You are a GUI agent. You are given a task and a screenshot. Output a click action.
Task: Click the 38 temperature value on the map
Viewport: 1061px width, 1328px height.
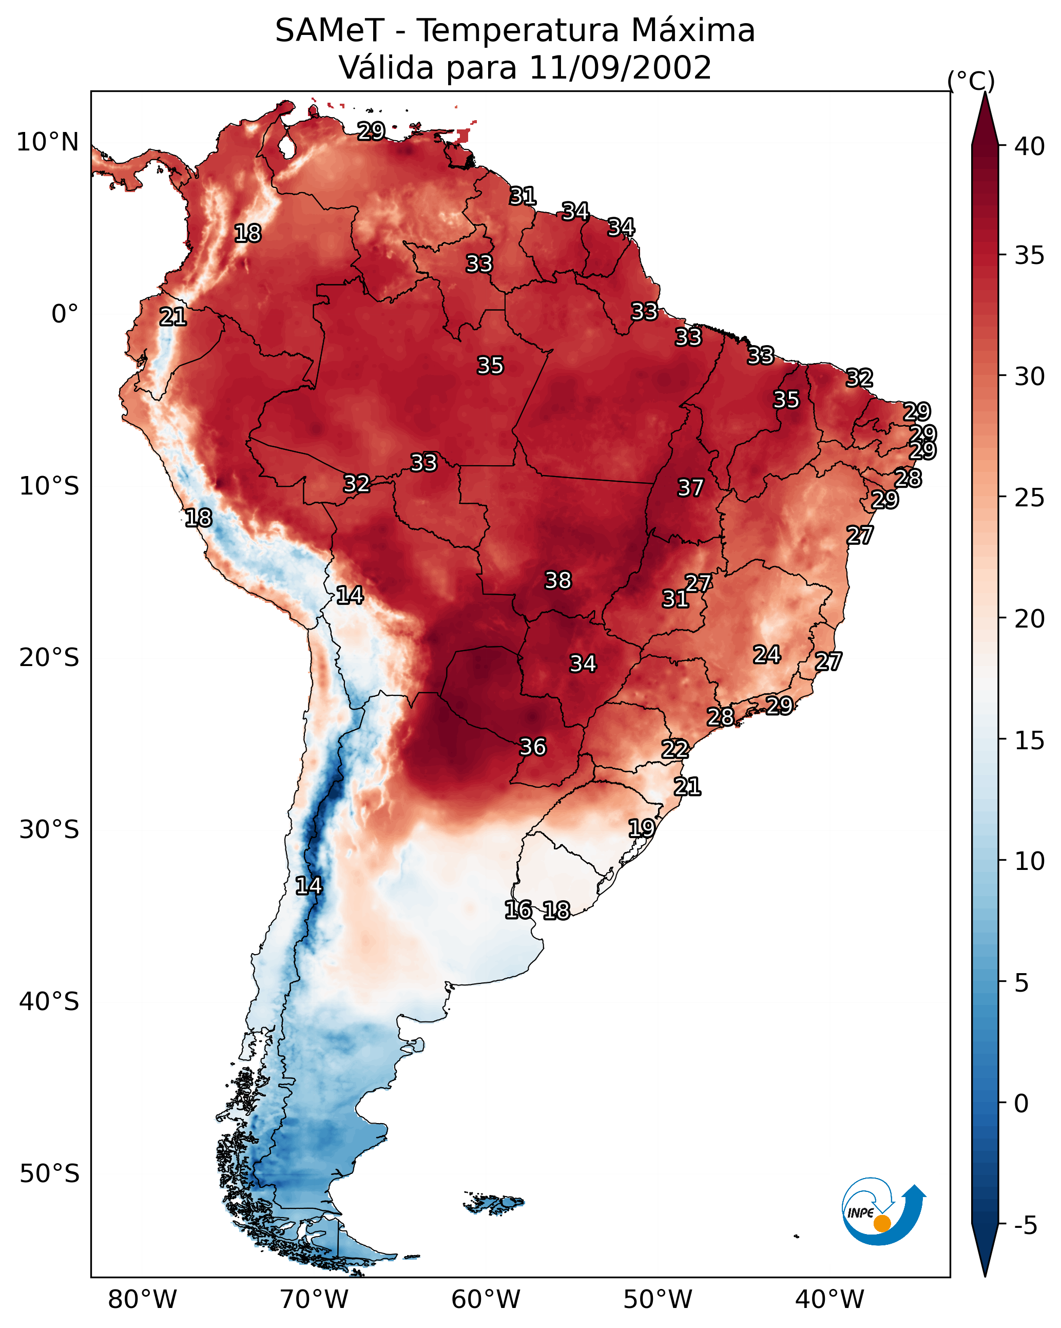click(x=558, y=580)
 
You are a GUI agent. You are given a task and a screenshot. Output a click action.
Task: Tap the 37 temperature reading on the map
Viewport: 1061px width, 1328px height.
click(x=690, y=488)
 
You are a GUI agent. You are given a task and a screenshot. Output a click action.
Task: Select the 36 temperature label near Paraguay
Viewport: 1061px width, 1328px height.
click(x=533, y=747)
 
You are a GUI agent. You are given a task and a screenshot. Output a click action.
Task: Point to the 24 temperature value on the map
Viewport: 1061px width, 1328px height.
click(x=767, y=654)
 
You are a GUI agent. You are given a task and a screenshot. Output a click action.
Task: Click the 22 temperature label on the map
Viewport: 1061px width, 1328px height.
click(x=675, y=749)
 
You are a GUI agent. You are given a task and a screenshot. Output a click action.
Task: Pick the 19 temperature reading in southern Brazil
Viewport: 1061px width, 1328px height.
click(x=642, y=828)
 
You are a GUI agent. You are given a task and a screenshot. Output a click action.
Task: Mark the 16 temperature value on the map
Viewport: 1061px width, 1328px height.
click(x=518, y=910)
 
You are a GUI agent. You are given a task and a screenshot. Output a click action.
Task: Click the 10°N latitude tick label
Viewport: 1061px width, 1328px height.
click(x=47, y=142)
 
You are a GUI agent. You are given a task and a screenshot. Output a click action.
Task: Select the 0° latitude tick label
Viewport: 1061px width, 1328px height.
click(x=65, y=314)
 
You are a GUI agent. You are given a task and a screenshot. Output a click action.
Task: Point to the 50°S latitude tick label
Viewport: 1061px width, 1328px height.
click(x=49, y=1174)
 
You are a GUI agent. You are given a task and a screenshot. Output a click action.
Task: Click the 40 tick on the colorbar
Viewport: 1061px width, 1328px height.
click(x=1030, y=146)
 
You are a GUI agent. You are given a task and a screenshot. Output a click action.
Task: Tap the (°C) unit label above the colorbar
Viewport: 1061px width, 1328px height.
click(x=971, y=81)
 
